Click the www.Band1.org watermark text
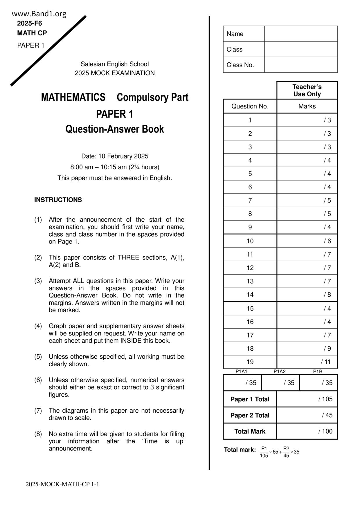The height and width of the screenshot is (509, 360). point(39,14)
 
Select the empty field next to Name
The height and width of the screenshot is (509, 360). point(301,34)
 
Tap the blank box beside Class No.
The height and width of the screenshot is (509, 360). point(301,65)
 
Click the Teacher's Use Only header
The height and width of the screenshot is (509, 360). point(307,90)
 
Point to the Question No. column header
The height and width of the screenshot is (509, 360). point(250,106)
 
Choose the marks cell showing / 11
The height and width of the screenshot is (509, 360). point(307,362)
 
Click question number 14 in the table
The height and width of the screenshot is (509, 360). point(250,295)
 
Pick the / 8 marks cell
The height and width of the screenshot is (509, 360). point(307,295)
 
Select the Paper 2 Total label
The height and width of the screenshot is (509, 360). point(250,415)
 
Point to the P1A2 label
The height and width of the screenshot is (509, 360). point(280,371)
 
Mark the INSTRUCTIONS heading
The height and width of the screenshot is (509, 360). point(58,200)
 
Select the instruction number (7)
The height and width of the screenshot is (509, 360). point(38,411)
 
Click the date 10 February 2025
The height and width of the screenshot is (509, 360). point(123,156)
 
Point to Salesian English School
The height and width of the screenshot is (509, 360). point(115,64)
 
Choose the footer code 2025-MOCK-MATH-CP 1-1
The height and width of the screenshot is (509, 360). point(62,484)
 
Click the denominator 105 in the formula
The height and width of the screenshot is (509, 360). point(264,456)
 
